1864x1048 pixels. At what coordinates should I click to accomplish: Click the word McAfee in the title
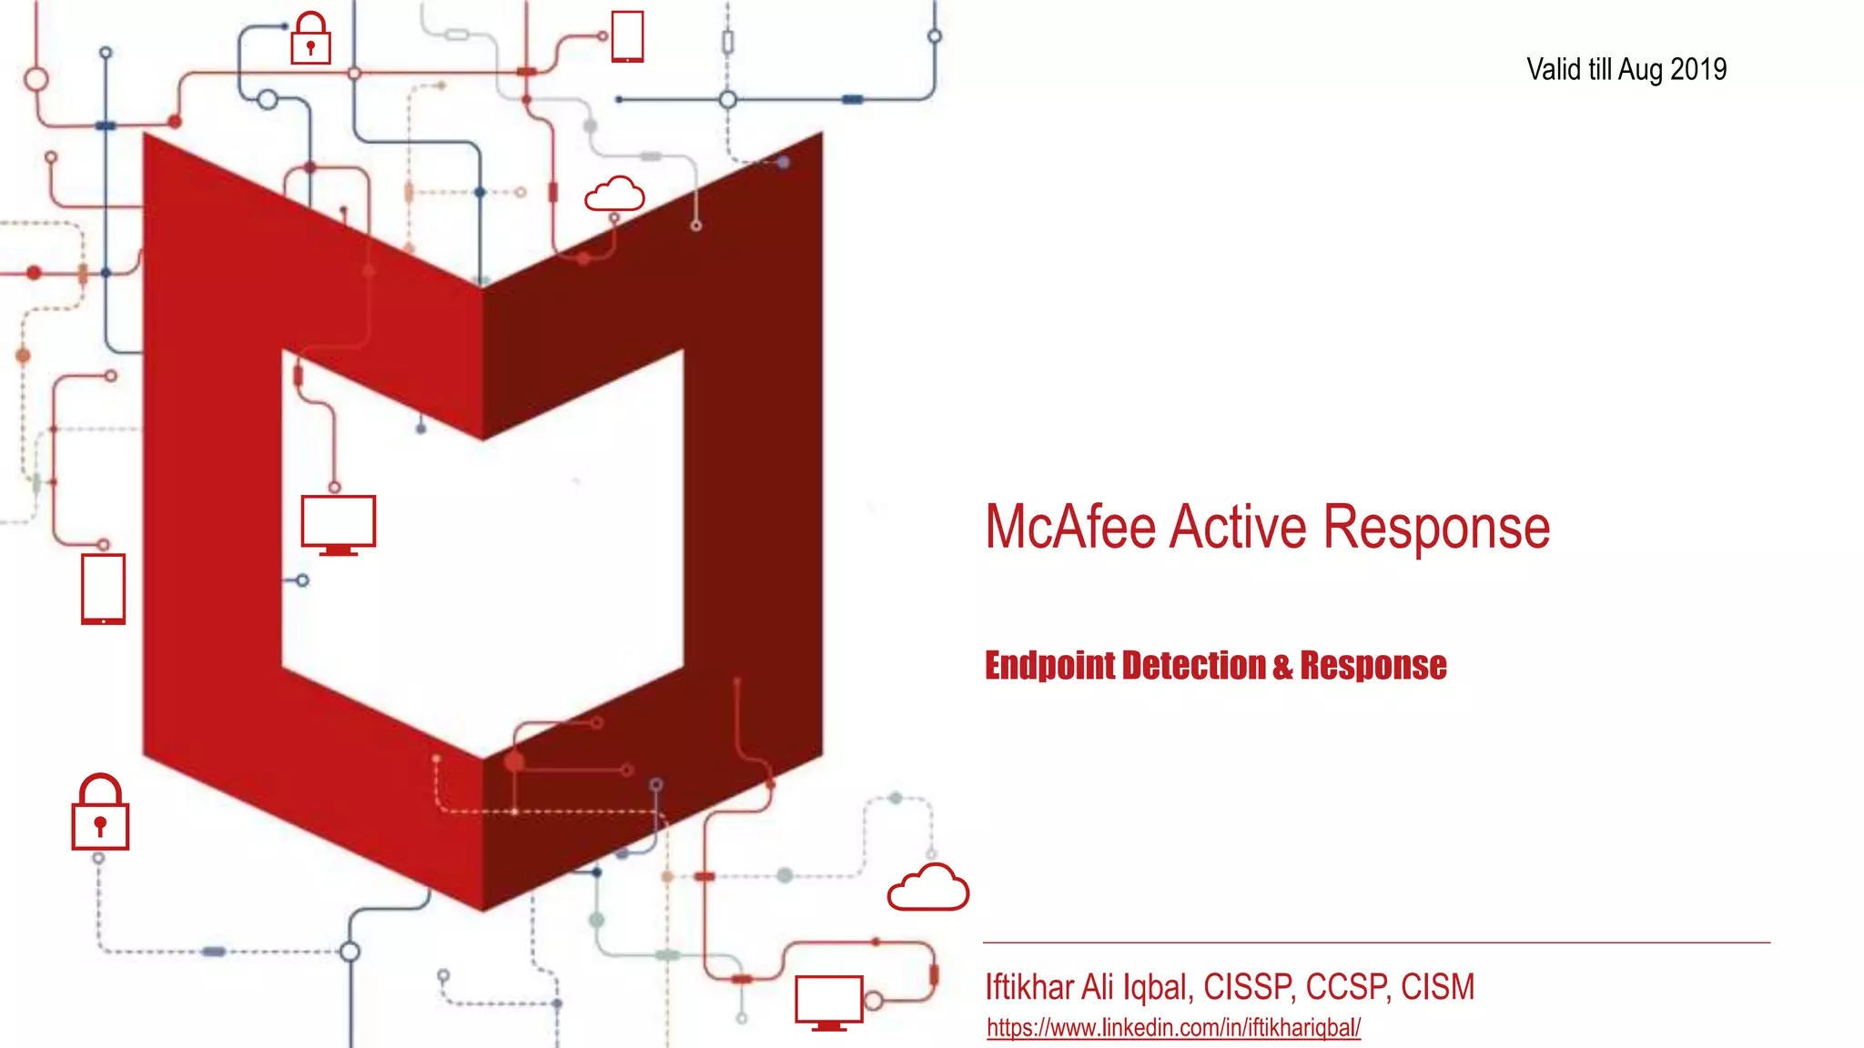point(1070,528)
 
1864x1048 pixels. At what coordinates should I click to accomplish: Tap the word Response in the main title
point(1436,528)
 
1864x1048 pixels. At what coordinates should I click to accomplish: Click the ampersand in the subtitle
point(1282,667)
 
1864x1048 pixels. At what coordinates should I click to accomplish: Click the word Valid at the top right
point(1555,70)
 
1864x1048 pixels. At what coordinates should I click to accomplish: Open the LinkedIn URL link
point(1173,1028)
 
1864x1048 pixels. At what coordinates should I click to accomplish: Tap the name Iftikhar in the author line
point(1029,987)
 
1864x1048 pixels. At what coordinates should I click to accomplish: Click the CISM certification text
point(1437,987)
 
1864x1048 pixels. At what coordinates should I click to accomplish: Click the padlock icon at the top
point(310,39)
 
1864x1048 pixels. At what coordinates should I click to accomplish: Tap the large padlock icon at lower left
point(100,813)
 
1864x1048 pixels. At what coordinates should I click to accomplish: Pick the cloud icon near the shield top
point(614,195)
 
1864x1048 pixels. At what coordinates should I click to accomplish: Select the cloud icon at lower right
point(927,888)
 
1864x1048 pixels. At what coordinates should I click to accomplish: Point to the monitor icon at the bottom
point(828,1003)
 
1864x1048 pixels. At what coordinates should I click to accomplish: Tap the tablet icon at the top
point(627,37)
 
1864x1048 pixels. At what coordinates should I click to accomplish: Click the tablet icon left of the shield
point(103,589)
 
